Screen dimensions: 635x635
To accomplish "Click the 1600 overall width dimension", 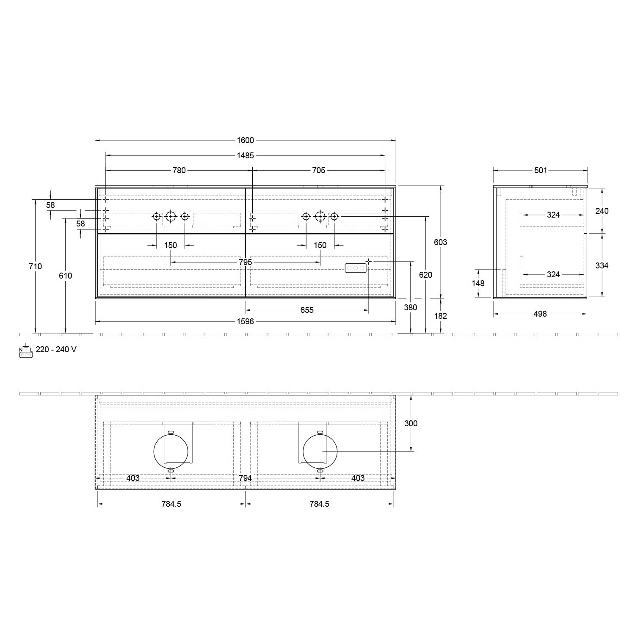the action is coord(245,141).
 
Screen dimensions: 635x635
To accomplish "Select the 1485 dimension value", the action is coord(245,155).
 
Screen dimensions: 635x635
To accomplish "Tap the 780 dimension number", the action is coord(179,170).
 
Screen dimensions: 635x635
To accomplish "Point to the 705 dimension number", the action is coord(318,170).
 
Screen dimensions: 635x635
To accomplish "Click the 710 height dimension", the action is coord(36,266).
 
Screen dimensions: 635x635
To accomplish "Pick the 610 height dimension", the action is coord(66,276).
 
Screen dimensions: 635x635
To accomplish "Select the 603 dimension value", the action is coord(441,242).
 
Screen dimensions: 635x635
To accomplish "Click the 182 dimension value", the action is coord(441,316).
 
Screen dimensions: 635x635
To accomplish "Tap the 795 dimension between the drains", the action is coord(245,262).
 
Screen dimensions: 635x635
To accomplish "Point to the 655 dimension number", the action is coord(307,310).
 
